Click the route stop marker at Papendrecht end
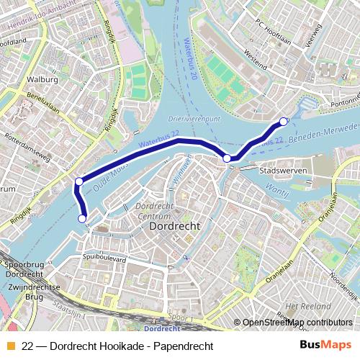click(283, 121)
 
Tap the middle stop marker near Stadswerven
click(228, 158)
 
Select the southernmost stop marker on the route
click(82, 218)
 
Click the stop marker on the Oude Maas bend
click(78, 181)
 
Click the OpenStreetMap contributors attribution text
click(297, 323)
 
